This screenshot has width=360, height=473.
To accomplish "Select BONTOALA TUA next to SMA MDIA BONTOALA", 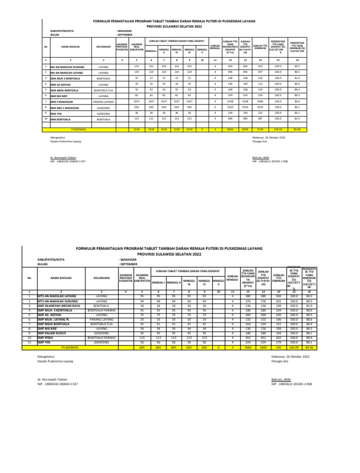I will pos(103,89).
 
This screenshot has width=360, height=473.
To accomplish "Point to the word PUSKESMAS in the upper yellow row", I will pos(75,128).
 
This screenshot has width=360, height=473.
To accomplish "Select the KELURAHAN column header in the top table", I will pos(103,47).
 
